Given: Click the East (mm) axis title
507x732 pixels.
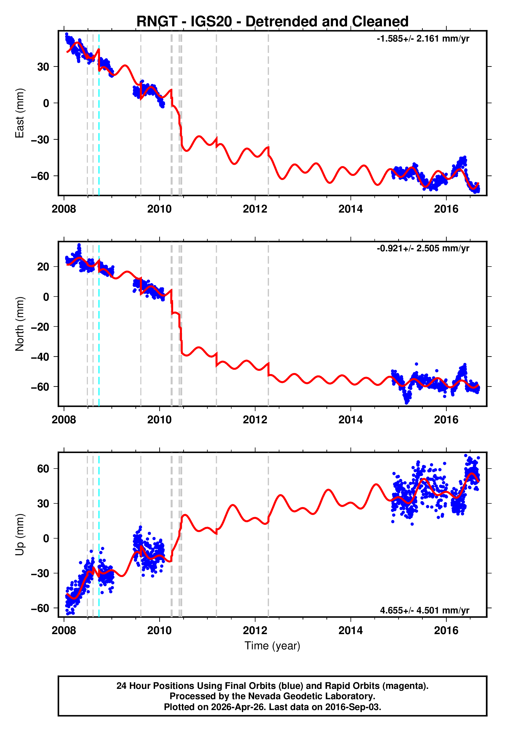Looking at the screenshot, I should [x=20, y=113].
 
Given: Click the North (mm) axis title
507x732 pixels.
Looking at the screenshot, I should [x=20, y=324].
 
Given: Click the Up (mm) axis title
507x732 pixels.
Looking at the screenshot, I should [x=20, y=535].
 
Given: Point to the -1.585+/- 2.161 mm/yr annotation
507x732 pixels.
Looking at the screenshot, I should [x=423, y=39].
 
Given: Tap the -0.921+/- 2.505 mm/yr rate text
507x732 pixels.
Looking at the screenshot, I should [x=423, y=248].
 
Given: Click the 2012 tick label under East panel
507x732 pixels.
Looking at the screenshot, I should [x=255, y=209].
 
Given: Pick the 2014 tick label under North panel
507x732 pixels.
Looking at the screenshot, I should [x=350, y=420].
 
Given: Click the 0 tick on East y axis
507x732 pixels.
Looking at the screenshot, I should [x=46, y=103].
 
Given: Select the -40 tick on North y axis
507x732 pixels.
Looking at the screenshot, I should [x=40, y=357].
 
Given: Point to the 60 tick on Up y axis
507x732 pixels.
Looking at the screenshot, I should [x=43, y=469].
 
